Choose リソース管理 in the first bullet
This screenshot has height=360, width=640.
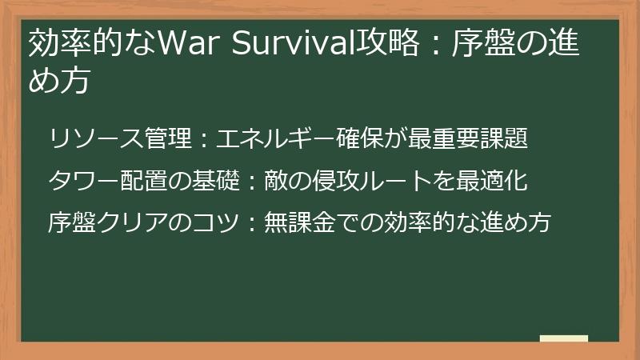tap(120, 139)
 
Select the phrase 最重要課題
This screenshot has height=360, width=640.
tap(479, 139)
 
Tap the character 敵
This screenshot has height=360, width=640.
tap(277, 181)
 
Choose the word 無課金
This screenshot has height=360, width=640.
tap(301, 222)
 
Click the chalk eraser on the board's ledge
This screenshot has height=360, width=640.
tap(563, 339)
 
